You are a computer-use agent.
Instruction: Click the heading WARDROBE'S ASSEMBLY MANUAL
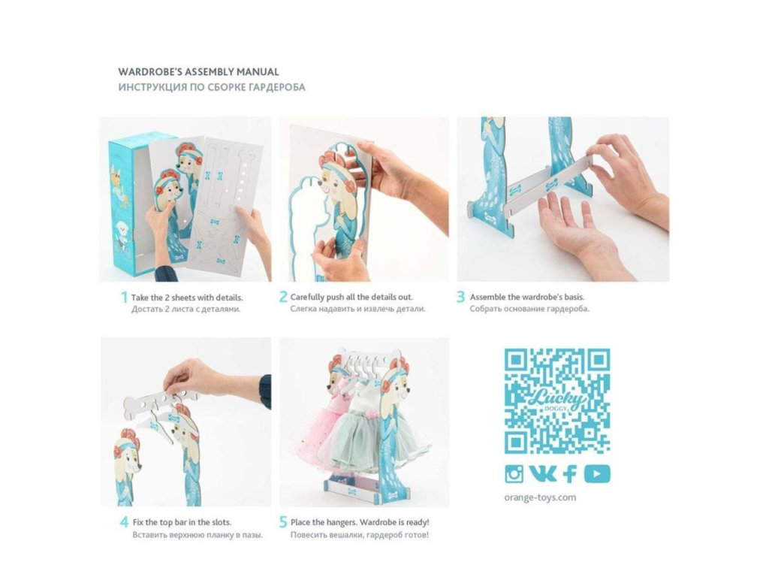click(x=198, y=72)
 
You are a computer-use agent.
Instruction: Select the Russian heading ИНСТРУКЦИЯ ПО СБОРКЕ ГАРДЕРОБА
click(x=211, y=87)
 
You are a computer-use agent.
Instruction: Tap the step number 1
click(x=124, y=298)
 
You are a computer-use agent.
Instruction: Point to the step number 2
click(x=283, y=297)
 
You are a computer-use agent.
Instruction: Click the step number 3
click(x=460, y=297)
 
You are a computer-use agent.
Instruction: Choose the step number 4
click(x=125, y=522)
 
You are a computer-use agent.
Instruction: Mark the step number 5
click(x=283, y=522)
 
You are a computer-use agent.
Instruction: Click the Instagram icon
click(x=514, y=474)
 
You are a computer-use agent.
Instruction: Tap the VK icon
click(x=543, y=473)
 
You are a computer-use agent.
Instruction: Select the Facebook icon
click(x=570, y=474)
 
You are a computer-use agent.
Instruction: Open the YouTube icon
click(x=597, y=474)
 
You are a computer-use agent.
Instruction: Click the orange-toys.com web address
click(x=540, y=497)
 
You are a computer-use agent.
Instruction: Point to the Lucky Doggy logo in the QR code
click(x=558, y=400)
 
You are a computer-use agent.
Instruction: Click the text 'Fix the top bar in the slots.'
click(x=182, y=522)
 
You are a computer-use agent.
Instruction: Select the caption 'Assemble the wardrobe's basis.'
click(x=527, y=297)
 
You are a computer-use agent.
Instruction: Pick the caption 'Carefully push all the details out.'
click(x=351, y=297)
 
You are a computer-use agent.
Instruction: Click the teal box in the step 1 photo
click(x=128, y=206)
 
